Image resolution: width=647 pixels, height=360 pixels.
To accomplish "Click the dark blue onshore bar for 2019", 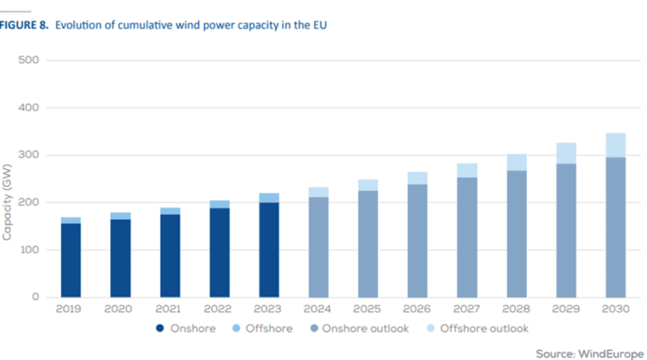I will point(70,260).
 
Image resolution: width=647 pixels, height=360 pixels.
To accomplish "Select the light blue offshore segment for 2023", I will point(268,197).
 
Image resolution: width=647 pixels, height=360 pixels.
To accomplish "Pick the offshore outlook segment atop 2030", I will point(615,145).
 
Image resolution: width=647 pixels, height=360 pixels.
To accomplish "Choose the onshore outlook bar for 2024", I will point(318,247).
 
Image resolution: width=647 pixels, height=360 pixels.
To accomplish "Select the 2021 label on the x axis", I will point(169,309).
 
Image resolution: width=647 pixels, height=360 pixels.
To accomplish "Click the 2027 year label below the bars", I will point(467,309).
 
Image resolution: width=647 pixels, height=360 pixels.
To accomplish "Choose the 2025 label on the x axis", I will point(367,309).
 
